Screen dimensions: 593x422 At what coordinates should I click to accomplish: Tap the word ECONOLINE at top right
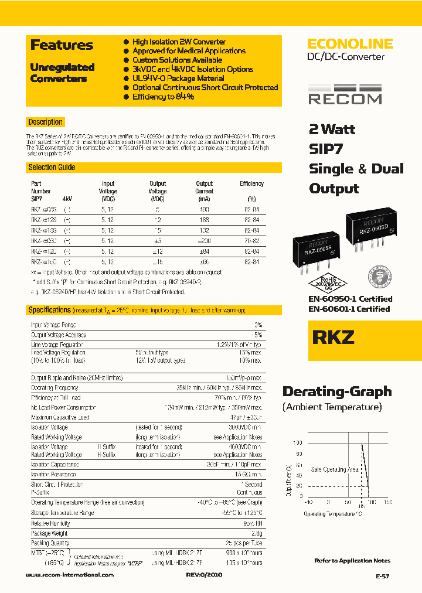click(350, 44)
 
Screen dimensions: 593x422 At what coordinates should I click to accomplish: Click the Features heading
click(62, 45)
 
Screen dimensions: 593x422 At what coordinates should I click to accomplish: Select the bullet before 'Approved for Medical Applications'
click(126, 51)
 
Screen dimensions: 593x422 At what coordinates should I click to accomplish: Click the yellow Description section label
click(45, 122)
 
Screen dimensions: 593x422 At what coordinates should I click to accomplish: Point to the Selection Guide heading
click(52, 168)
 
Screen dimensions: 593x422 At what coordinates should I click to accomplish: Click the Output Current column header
click(204, 191)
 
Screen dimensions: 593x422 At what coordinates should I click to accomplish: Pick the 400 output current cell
click(204, 209)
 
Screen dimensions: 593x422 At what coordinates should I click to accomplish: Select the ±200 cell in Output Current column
click(204, 240)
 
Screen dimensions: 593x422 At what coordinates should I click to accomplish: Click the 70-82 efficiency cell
click(251, 240)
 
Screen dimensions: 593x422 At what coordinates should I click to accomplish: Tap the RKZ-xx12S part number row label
click(44, 220)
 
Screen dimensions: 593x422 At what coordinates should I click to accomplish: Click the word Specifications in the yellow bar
click(49, 310)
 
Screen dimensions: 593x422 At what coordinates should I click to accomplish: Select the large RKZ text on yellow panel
click(333, 339)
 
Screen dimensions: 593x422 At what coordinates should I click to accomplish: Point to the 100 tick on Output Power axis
click(299, 443)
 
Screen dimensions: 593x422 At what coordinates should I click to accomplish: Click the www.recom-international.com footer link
click(70, 575)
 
